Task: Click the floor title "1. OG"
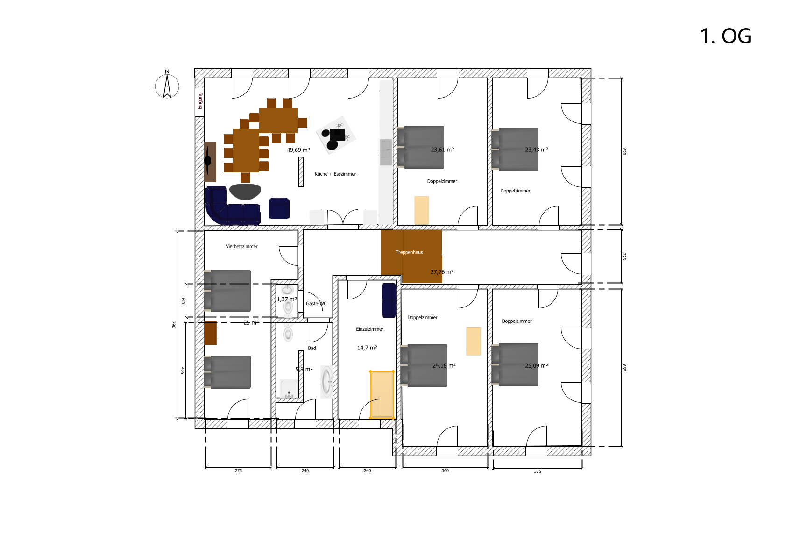pyautogui.click(x=725, y=36)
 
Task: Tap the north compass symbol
pyautogui.click(x=167, y=85)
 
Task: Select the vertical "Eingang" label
pyautogui.click(x=200, y=101)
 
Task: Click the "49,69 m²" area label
pyautogui.click(x=298, y=150)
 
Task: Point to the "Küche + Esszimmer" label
pyautogui.click(x=335, y=174)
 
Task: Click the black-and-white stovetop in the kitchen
pyautogui.click(x=335, y=135)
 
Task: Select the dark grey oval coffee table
pyautogui.click(x=245, y=192)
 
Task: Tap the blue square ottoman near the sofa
pyautogui.click(x=279, y=208)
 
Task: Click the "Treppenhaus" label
pyautogui.click(x=409, y=252)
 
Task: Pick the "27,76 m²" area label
pyautogui.click(x=442, y=272)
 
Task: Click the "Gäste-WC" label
pyautogui.click(x=316, y=304)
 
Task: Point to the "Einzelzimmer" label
pyautogui.click(x=369, y=329)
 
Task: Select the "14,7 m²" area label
pyautogui.click(x=367, y=348)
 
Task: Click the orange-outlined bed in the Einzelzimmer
pyautogui.click(x=382, y=395)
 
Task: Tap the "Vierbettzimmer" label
pyautogui.click(x=241, y=246)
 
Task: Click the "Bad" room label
pyautogui.click(x=312, y=348)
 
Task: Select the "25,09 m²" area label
pyautogui.click(x=537, y=366)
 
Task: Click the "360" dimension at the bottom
pyautogui.click(x=445, y=471)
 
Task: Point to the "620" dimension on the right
pyautogui.click(x=624, y=152)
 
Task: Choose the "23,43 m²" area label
pyautogui.click(x=537, y=150)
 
